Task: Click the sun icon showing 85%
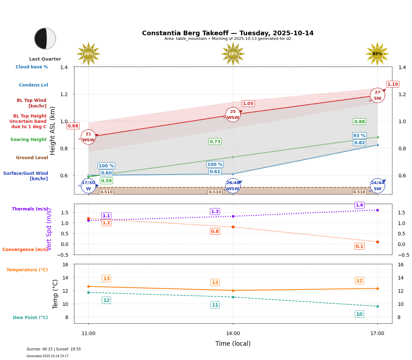click(x=377, y=54)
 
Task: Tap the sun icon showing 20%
click(x=88, y=54)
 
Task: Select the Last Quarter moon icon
click(x=45, y=38)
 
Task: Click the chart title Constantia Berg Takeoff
click(x=228, y=33)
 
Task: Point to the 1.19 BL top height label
click(x=392, y=84)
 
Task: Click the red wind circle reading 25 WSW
click(x=233, y=115)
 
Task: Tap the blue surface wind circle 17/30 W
click(x=88, y=186)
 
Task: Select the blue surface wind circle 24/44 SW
click(x=377, y=186)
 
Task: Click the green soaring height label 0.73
click(x=215, y=142)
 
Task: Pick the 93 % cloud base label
click(x=359, y=136)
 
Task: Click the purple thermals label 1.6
click(x=359, y=205)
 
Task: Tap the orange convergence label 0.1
click(x=359, y=246)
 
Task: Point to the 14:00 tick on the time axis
click(x=233, y=334)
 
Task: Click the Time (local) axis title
click(x=233, y=344)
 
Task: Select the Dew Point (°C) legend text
click(x=30, y=318)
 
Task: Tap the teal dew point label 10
click(x=359, y=314)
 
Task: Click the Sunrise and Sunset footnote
click(x=54, y=349)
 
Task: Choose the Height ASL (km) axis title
click(x=53, y=131)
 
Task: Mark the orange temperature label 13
click(x=106, y=279)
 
